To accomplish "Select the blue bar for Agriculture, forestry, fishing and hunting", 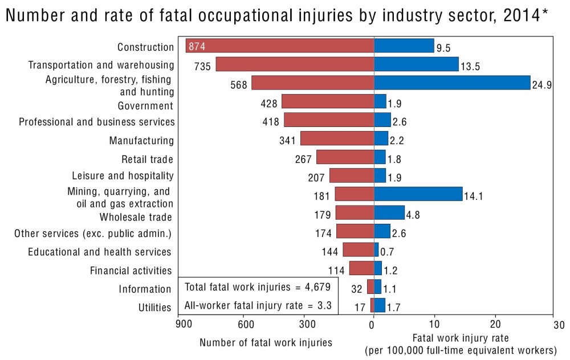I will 452,83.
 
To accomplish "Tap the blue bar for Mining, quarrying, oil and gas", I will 418,194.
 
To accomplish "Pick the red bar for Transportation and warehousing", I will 295,64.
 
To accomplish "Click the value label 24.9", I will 542,86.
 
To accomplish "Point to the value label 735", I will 203,66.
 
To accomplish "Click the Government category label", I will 145,106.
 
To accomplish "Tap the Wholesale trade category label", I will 136,217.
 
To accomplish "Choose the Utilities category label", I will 154,308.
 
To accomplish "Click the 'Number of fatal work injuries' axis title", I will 266,342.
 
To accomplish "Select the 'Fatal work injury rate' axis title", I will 461,338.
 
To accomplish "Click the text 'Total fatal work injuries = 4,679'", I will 258,286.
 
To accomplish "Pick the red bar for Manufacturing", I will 337,138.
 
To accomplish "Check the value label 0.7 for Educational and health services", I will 387,252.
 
